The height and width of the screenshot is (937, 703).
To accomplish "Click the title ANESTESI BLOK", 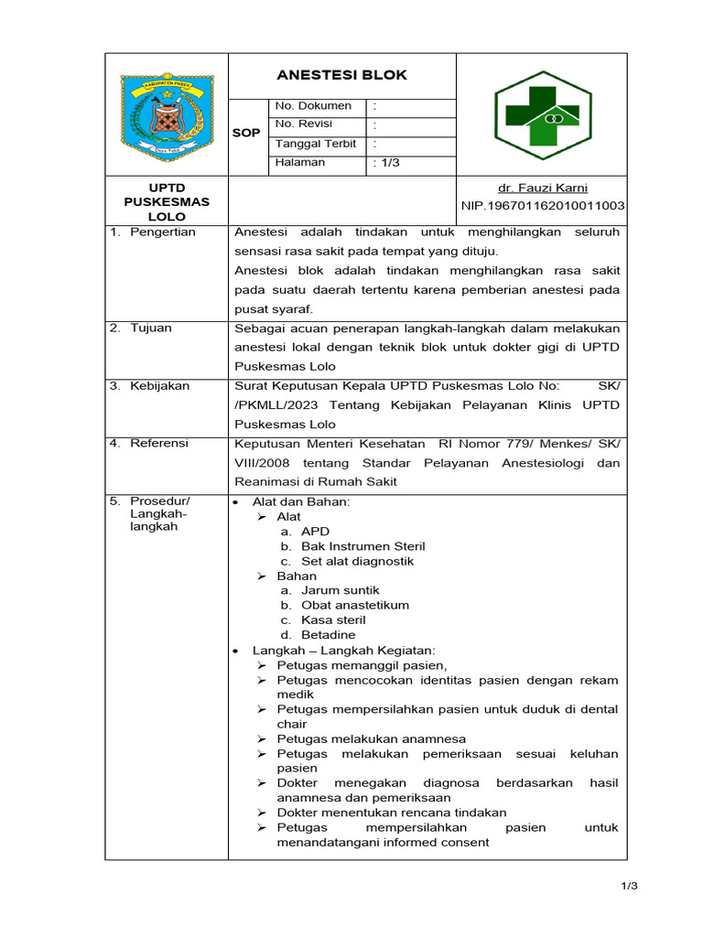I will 341,75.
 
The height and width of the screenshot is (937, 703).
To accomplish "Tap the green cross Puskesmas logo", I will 542,114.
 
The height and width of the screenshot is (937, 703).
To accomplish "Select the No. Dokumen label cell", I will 313,106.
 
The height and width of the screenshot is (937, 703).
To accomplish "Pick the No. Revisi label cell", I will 304,124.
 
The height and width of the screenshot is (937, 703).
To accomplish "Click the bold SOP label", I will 246,134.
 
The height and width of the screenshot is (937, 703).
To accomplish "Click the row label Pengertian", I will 163,232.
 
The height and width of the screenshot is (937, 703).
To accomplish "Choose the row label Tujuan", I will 150,328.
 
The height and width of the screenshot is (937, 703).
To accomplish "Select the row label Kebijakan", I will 159,386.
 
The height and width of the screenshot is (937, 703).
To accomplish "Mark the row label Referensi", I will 159,444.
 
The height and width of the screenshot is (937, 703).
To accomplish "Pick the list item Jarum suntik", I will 340,591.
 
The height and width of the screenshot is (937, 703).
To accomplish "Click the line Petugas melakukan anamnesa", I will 371,738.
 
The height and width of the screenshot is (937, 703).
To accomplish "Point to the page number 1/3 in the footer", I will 627,886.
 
